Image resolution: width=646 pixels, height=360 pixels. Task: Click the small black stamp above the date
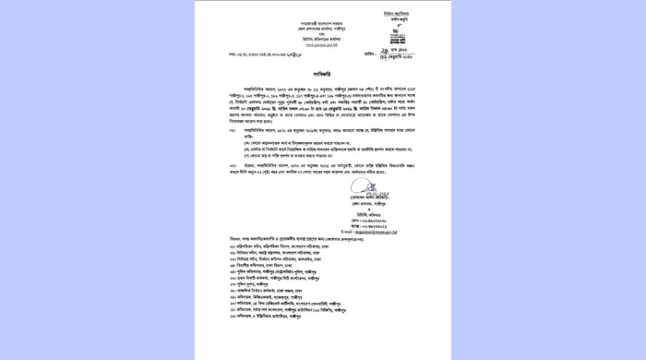[x=397, y=40]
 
